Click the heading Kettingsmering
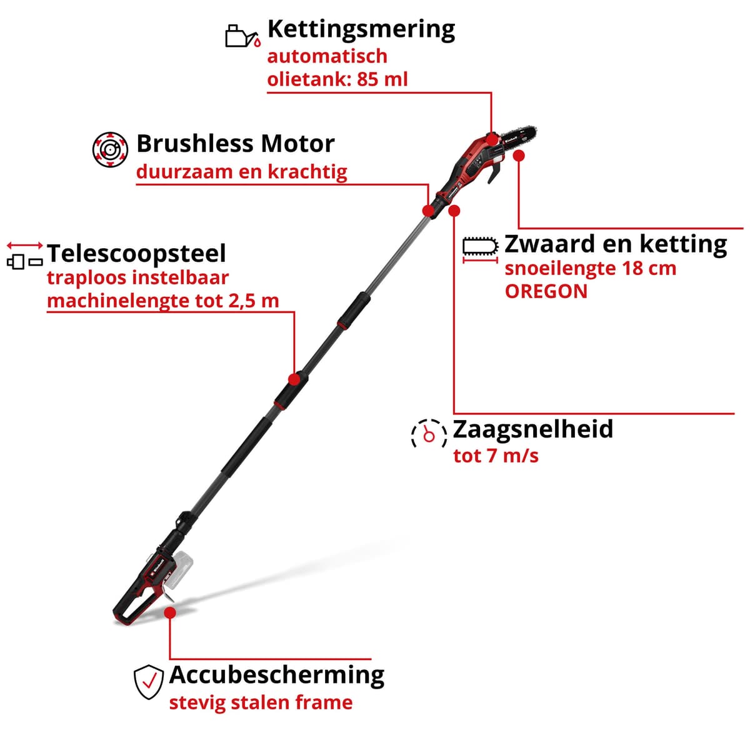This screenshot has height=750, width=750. point(361,30)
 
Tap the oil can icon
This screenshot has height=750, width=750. point(242,36)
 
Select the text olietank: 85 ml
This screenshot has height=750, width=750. point(337,79)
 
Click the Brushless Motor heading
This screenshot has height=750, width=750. point(236,144)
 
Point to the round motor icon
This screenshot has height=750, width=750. point(110,149)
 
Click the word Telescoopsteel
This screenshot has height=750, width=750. point(136,254)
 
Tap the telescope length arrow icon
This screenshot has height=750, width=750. point(25,254)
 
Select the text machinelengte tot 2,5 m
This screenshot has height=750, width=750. point(162,301)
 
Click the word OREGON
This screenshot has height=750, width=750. point(546,291)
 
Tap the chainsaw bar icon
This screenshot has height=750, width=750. point(480,248)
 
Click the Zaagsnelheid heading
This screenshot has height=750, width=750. point(532,429)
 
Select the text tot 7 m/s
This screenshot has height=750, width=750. point(496,456)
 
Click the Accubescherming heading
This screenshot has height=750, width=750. point(277,675)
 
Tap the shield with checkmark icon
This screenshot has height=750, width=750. point(149,682)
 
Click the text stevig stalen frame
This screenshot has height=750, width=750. point(261,702)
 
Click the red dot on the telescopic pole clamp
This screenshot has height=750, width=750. point(294,379)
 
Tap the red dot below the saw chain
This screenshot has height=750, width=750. point(519,156)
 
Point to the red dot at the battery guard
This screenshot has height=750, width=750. point(170,612)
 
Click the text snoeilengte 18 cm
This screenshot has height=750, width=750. point(591,268)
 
